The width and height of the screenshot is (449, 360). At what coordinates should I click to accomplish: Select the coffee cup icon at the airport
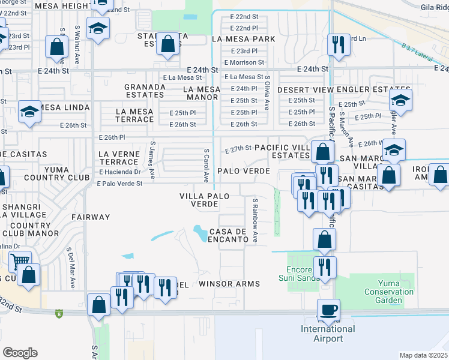tap(328, 310)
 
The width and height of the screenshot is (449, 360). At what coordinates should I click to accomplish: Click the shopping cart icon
tap(20, 261)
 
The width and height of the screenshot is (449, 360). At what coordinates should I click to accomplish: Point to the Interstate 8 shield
tap(58, 313)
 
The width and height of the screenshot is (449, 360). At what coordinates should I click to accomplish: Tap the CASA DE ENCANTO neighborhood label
tap(229, 235)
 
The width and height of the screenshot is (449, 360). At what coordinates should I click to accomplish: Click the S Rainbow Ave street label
tap(255, 220)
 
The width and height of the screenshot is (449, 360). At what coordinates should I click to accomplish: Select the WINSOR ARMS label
tap(229, 284)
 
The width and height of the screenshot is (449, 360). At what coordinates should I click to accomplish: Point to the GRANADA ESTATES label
tap(145, 91)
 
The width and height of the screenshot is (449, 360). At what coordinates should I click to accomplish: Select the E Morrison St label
tap(244, 62)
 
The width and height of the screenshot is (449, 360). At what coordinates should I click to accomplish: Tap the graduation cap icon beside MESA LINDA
tap(29, 112)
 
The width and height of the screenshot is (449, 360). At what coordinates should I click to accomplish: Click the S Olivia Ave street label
tap(267, 92)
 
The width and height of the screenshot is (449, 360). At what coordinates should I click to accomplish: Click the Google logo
tap(20, 353)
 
